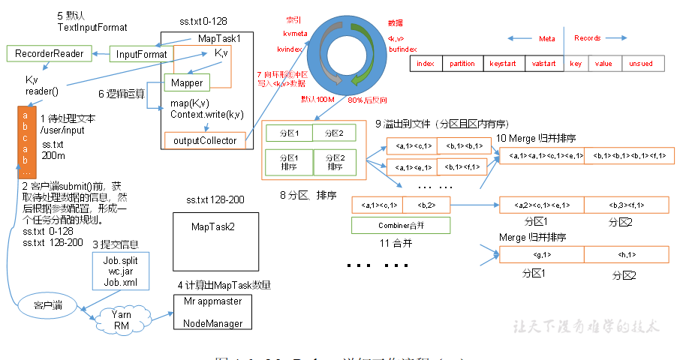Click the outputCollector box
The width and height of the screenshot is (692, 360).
[205, 140]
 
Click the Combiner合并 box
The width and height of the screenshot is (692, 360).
[400, 224]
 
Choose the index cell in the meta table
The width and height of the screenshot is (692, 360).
[426, 64]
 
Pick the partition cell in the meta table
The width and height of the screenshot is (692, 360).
[462, 64]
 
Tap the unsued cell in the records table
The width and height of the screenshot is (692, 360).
[641, 64]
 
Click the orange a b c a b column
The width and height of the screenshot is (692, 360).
[26, 139]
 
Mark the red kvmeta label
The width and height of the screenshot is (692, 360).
[295, 33]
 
